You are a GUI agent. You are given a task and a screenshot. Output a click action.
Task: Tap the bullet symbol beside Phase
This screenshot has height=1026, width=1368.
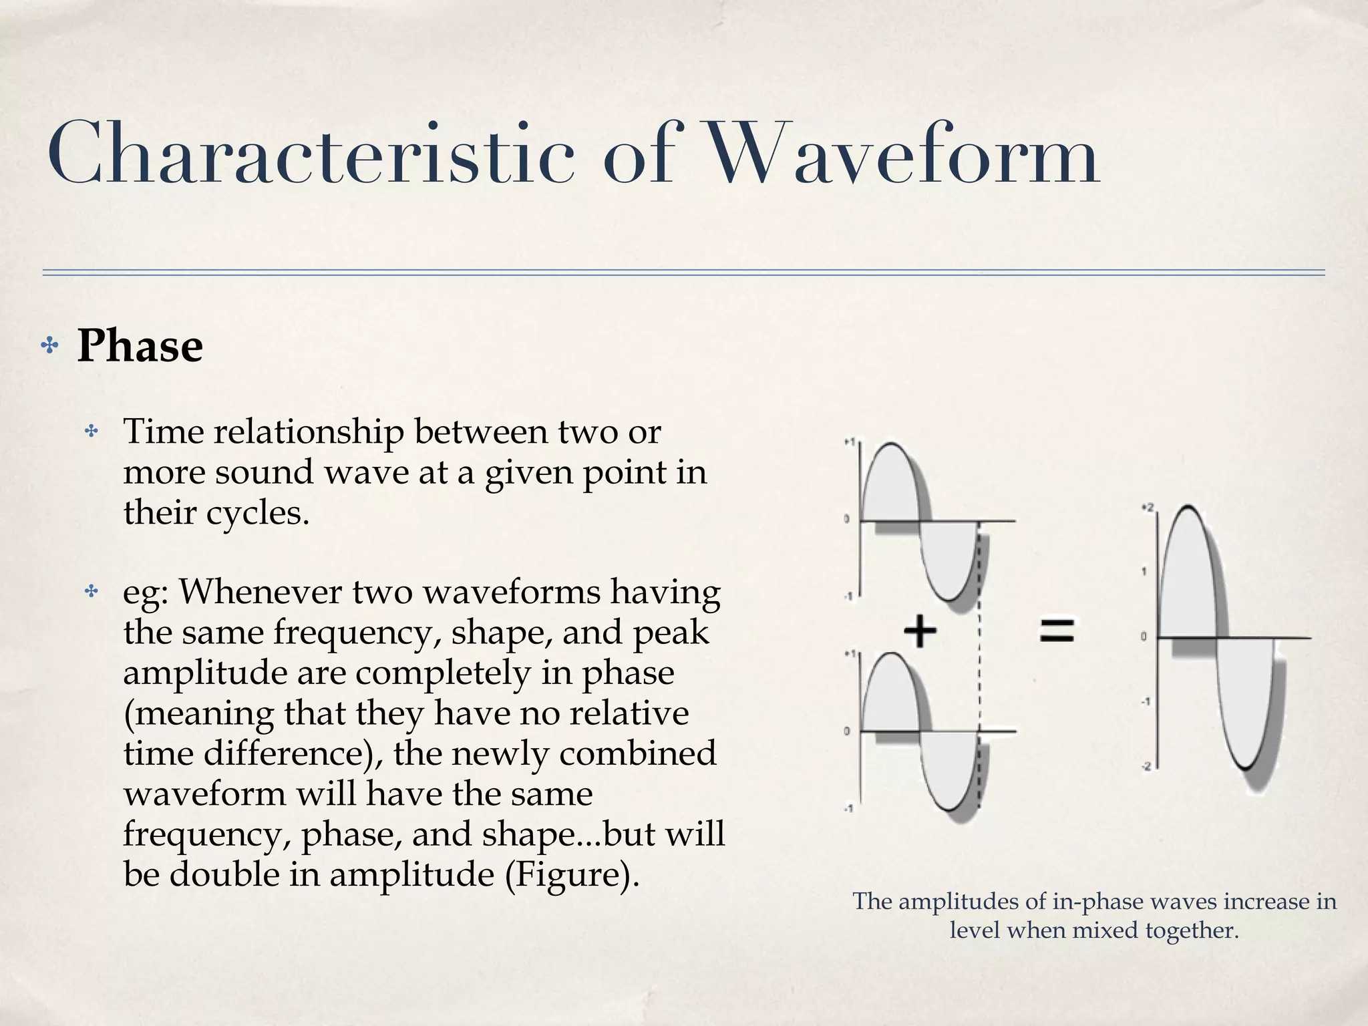49,346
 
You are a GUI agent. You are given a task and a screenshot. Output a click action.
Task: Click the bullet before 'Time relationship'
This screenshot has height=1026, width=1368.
91,432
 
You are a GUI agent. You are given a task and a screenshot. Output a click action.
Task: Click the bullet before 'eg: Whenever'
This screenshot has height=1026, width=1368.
91,592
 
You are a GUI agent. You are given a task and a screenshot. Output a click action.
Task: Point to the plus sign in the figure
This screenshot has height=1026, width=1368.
920,632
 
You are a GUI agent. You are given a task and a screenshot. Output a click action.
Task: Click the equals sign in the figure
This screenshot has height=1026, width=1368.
1057,631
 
